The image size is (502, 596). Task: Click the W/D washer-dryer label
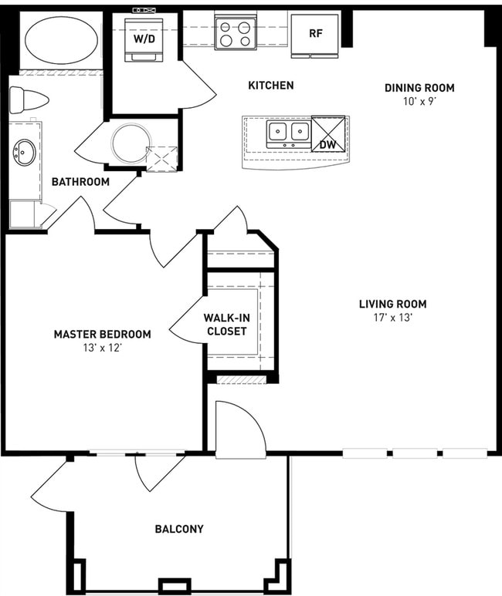[x=144, y=39]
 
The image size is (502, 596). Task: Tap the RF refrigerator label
[x=315, y=33]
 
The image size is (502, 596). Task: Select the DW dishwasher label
[x=328, y=144]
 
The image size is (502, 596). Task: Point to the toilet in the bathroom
[x=29, y=100]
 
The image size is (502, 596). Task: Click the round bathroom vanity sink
[x=25, y=153]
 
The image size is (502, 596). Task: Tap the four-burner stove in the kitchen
[x=236, y=34]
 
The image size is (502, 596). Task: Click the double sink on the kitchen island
[x=289, y=133]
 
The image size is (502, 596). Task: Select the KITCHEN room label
[x=271, y=85]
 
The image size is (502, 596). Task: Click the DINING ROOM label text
[x=419, y=88]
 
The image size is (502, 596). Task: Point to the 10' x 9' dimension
[x=419, y=102]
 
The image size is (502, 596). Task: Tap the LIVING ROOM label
[x=392, y=304]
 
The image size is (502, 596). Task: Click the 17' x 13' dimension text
[x=393, y=318]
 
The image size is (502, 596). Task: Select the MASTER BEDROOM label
[x=103, y=335]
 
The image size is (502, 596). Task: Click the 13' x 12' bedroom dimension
[x=102, y=348]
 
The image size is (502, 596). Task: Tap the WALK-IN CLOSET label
[x=226, y=325]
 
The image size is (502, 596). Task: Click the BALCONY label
[x=179, y=529]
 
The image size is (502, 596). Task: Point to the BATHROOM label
[x=80, y=182]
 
